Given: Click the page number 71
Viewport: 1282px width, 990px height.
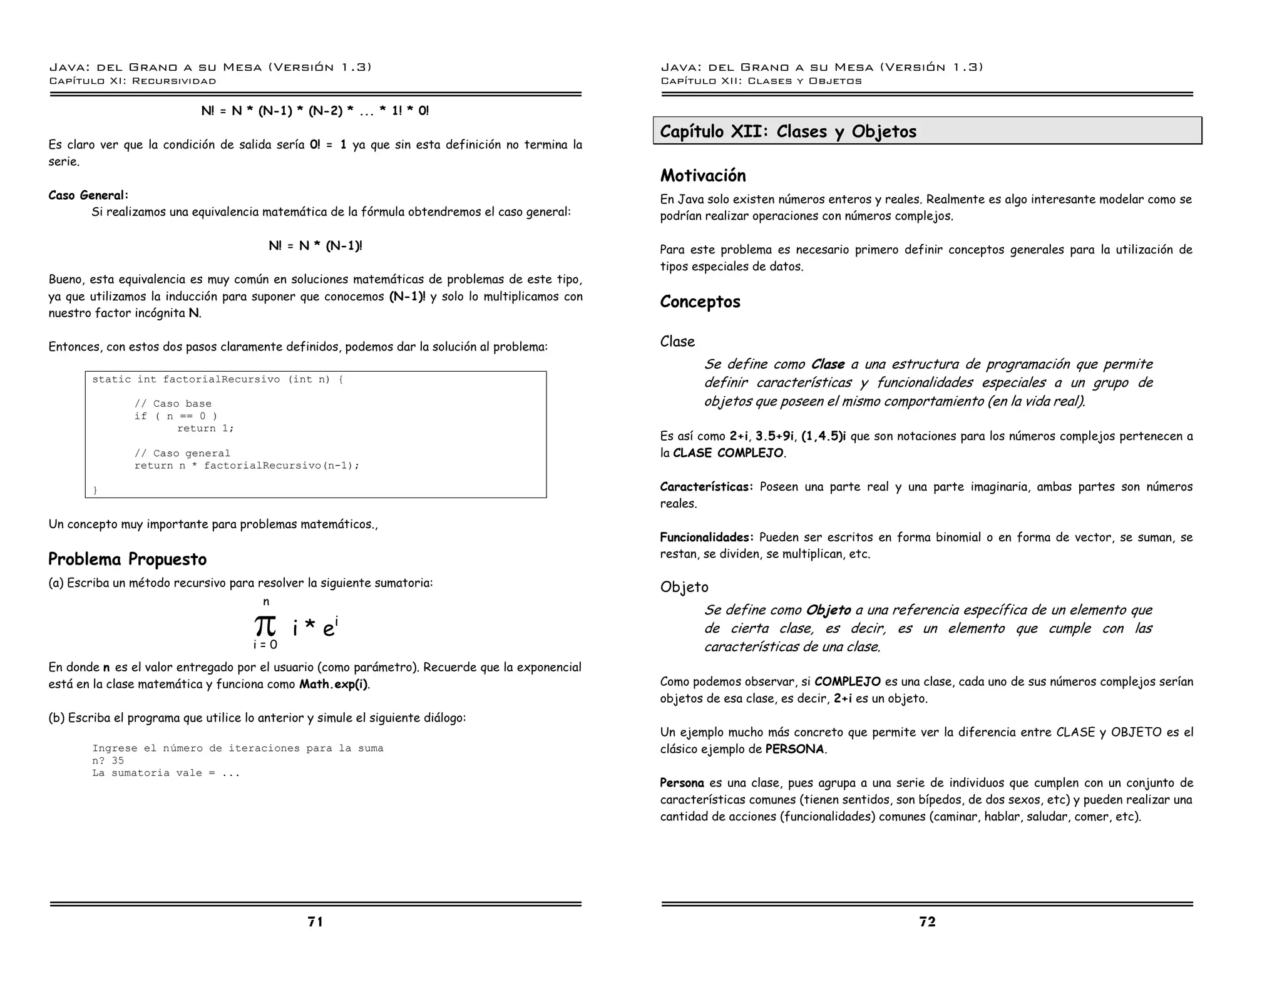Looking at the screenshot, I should click(315, 921).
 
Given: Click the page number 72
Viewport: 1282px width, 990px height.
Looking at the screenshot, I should click(927, 921).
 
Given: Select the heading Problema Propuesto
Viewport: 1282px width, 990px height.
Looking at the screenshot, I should click(127, 559).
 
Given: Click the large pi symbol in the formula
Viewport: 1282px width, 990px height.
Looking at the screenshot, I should click(265, 625).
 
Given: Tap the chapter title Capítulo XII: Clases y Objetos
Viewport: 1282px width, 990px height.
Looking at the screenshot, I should click(788, 131).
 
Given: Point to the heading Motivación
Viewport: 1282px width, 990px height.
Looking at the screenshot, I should click(703, 175).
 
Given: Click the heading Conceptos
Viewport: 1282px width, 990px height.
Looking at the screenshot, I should click(700, 302).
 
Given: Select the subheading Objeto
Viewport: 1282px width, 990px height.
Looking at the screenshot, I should click(684, 587).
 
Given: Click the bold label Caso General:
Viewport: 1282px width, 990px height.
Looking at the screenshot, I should click(88, 195).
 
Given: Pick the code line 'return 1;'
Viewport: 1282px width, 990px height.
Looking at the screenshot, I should click(205, 429).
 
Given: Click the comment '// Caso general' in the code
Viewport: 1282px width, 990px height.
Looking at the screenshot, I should click(182, 453).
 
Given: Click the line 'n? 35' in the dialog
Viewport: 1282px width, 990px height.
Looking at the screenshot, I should click(108, 761).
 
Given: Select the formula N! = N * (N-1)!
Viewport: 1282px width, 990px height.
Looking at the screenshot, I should click(315, 245).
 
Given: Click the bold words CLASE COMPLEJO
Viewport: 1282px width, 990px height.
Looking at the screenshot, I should click(728, 453).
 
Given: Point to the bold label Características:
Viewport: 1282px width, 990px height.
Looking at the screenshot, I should click(706, 487).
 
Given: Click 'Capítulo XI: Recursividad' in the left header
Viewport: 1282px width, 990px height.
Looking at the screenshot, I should click(132, 81).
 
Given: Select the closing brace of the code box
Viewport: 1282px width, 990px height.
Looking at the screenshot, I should click(95, 491).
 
